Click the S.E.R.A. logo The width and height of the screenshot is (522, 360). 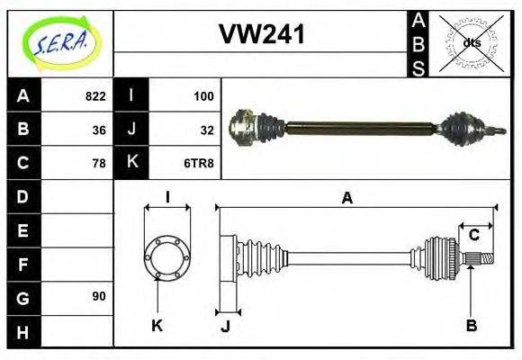click(60, 41)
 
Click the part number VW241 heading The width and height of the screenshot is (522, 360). click(262, 35)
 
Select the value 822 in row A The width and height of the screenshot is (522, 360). click(94, 96)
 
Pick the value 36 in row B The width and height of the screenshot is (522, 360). click(98, 130)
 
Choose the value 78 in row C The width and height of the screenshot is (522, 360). click(98, 163)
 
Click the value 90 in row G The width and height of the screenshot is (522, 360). click(98, 296)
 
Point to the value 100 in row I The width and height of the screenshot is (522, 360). click(202, 96)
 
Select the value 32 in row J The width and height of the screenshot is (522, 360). click(206, 130)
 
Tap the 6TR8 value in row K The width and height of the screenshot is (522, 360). click(201, 163)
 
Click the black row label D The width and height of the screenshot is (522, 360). click(23, 196)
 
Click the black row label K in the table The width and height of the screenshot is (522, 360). click(131, 163)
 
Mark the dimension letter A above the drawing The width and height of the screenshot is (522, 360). click(346, 199)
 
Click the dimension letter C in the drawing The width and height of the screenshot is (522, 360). click(473, 236)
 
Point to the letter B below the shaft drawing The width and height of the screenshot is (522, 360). click(471, 326)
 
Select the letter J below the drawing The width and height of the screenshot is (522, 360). click(225, 326)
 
